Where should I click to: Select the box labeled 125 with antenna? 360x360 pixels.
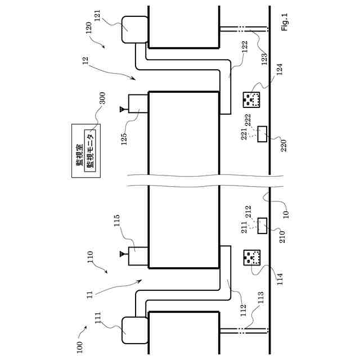(137, 103)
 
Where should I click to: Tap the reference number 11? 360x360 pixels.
(90, 294)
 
